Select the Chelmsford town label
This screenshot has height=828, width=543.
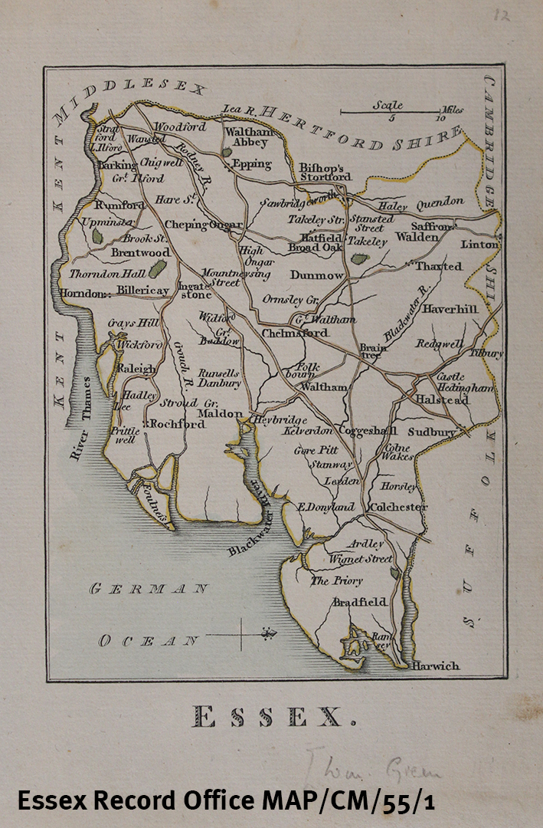click(295, 333)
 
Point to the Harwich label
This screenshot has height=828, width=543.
click(436, 665)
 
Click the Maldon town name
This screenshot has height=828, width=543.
click(220, 414)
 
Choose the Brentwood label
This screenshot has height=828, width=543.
click(140, 252)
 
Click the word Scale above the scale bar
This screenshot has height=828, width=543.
click(388, 105)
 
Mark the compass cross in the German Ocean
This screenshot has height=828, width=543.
click(242, 635)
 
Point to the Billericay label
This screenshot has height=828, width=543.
click(142, 291)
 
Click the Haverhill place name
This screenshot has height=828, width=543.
click(450, 309)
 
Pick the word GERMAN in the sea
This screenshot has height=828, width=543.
click(149, 589)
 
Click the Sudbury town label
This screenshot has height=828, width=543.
click(431, 432)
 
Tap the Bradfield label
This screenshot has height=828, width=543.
click(359, 603)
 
